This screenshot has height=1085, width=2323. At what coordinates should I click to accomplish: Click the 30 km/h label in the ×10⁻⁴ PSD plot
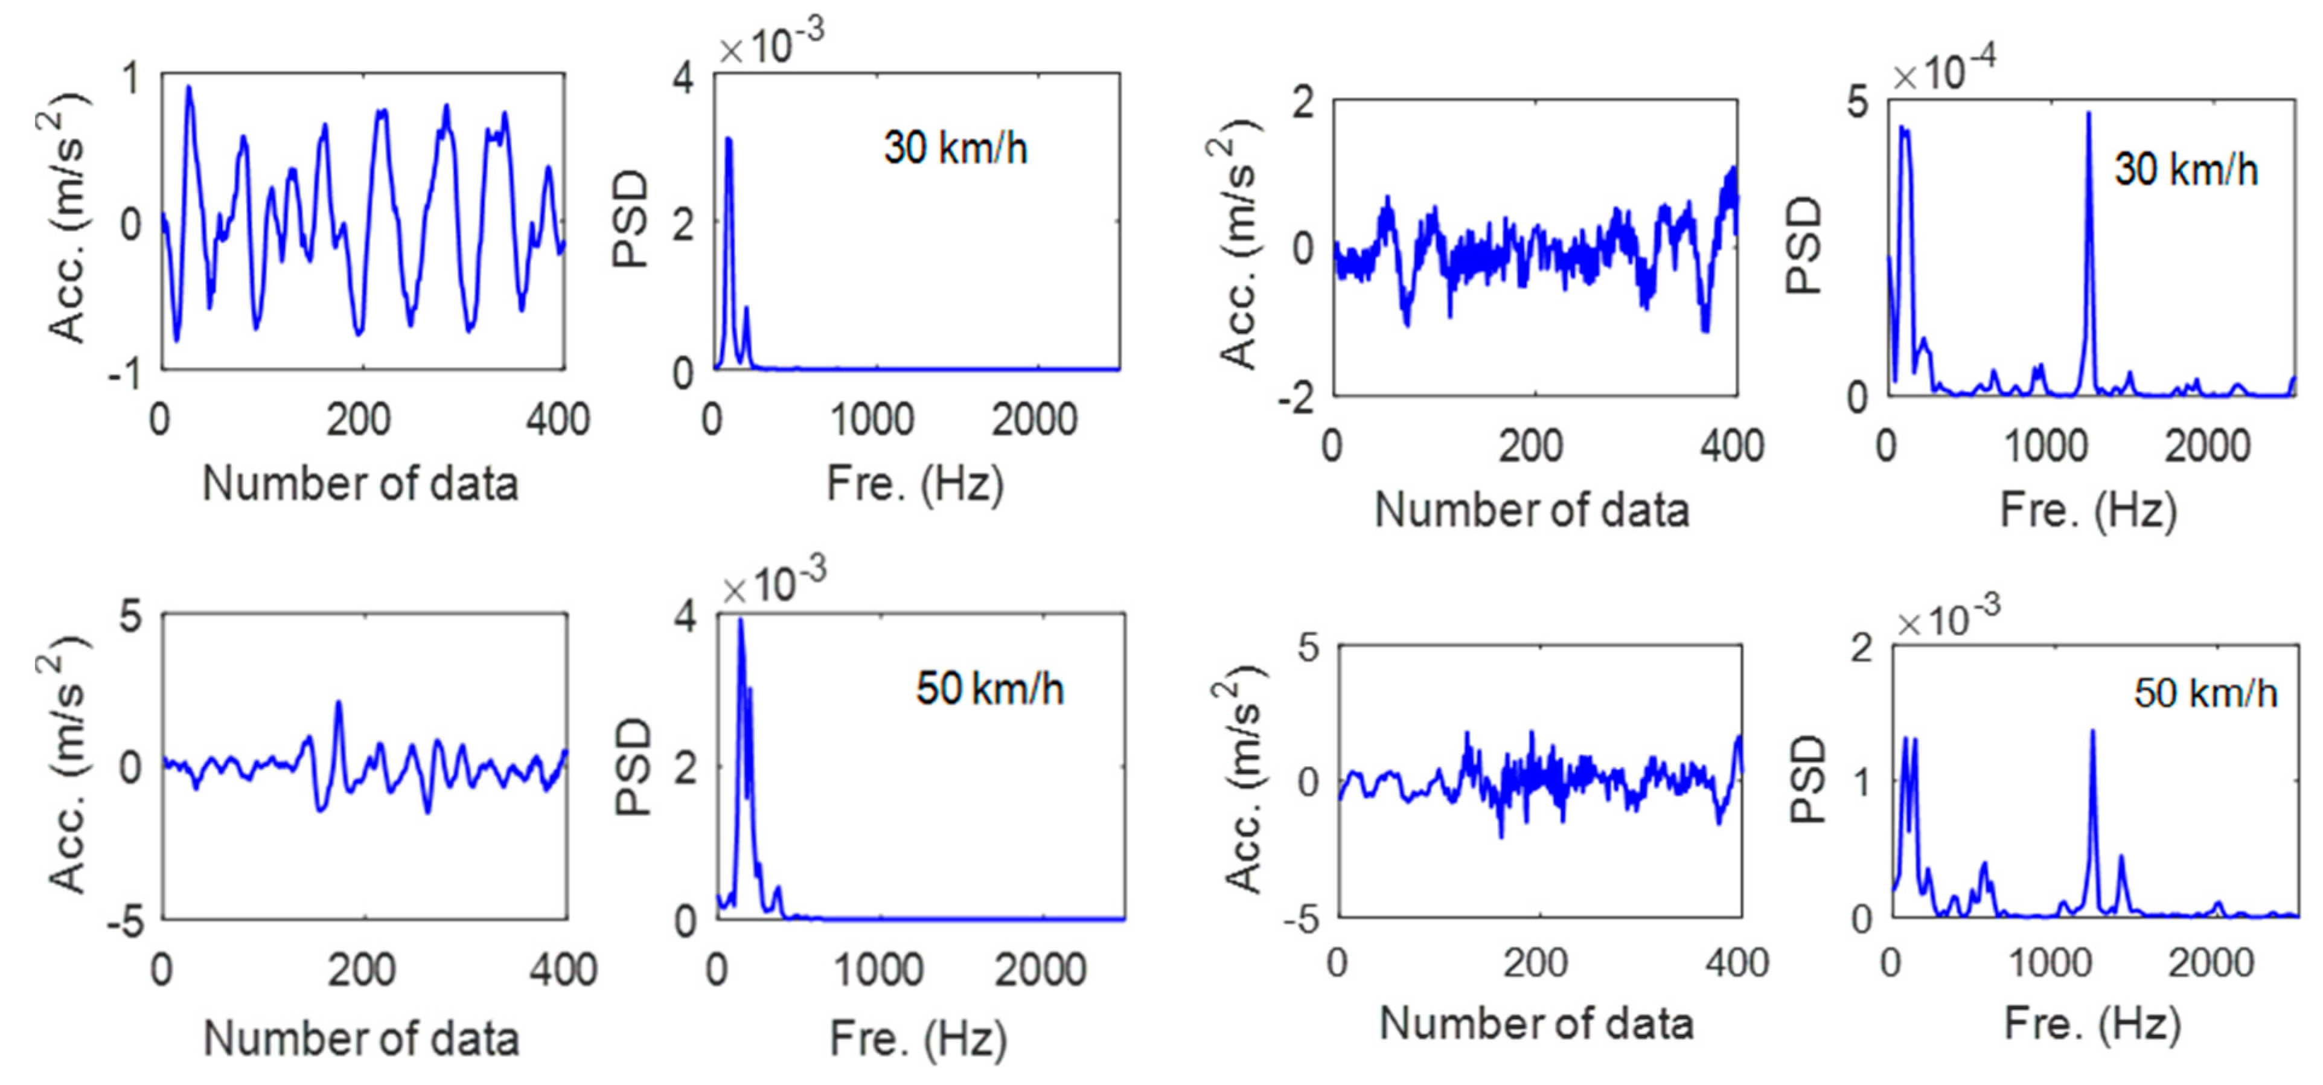(x=2186, y=170)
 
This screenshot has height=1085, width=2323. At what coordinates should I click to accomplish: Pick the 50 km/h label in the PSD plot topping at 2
(x=2205, y=693)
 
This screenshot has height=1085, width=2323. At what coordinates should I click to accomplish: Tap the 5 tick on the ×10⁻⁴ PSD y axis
(x=1857, y=103)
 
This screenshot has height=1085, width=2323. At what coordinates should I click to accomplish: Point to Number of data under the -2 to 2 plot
(x=1531, y=510)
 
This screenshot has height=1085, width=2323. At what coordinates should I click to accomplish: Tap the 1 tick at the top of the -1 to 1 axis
(x=133, y=79)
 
